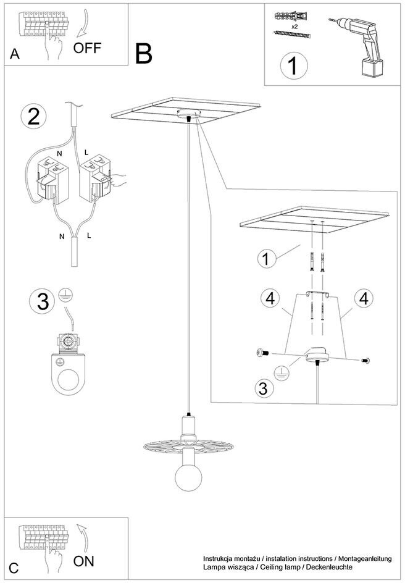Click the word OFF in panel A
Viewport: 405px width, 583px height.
pos(87,48)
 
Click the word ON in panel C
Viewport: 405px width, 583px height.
pos(83,561)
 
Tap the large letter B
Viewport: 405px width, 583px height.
pos(143,54)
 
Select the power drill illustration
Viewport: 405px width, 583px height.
pos(358,46)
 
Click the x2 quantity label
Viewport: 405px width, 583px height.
pos(294,27)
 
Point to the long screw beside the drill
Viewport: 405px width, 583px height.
pos(291,34)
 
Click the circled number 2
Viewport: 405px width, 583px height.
pos(34,117)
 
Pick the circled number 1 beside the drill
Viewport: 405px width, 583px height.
pos(294,66)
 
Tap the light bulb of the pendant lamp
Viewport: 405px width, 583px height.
pos(189,477)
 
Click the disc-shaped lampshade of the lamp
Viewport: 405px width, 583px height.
pos(189,445)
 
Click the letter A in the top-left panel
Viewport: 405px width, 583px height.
pos(14,54)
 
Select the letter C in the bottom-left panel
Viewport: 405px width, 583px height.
pos(14,569)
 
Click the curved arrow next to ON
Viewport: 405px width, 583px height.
pos(84,538)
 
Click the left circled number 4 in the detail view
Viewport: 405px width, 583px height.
pos(270,298)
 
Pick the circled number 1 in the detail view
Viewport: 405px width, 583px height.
pos(266,259)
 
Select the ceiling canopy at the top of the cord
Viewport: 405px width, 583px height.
pos(189,113)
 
